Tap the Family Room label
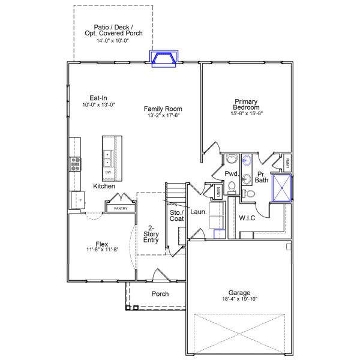(162, 109)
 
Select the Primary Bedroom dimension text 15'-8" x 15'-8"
(247, 113)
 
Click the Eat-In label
(98, 98)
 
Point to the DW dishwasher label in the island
(109, 173)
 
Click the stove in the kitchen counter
(76, 164)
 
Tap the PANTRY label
(121, 208)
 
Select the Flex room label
(102, 244)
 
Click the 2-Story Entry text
(151, 234)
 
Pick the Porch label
(160, 294)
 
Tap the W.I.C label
(247, 218)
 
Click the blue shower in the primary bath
(281, 187)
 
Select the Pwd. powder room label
(232, 174)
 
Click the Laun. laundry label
(198, 212)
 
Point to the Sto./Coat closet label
(176, 216)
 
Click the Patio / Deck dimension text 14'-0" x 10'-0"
(113, 41)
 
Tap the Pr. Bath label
(262, 176)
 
